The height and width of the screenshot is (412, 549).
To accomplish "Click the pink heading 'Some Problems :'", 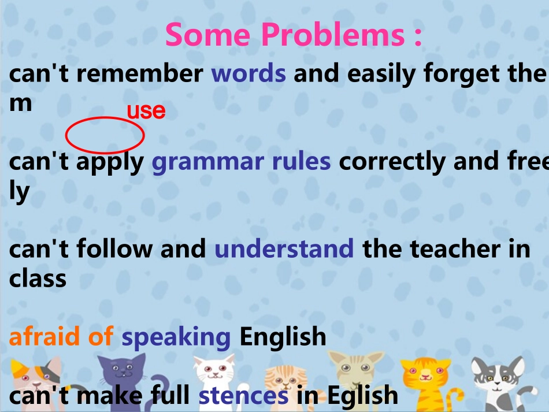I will [294, 35].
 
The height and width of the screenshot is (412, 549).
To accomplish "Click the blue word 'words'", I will [248, 74].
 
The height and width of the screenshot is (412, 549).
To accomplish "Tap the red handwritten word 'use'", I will [146, 110].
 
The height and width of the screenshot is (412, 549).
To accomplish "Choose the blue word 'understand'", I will [284, 249].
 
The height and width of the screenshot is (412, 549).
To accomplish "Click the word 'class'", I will [38, 279].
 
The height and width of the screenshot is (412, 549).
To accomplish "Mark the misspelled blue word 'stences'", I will [243, 395].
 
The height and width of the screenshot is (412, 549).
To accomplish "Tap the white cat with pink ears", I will [214, 373].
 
